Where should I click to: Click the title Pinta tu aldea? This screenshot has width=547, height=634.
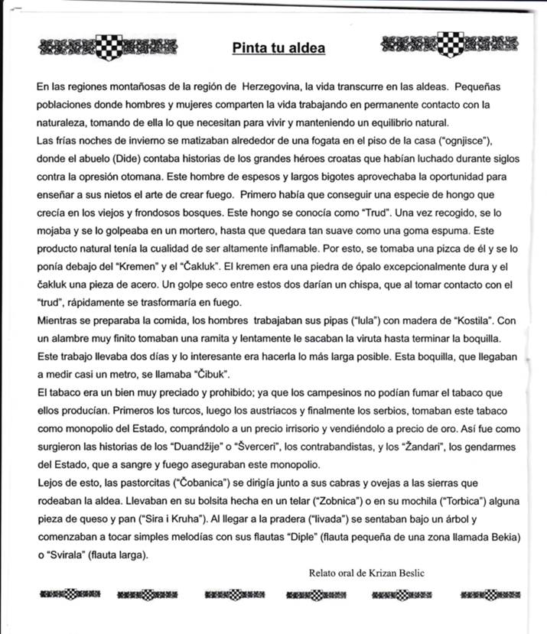[x=278, y=49]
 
